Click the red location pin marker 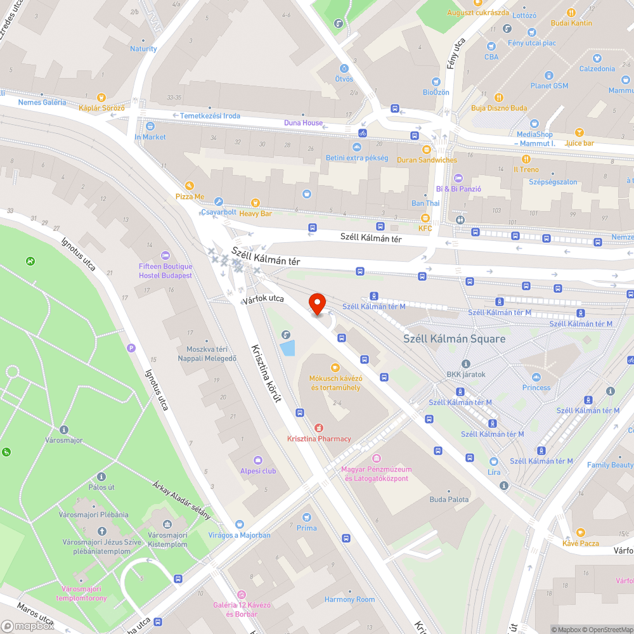point(316,302)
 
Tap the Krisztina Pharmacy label point(319,439)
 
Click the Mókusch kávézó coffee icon point(335,367)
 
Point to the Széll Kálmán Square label point(455,339)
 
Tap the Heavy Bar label point(256,214)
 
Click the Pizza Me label point(190,197)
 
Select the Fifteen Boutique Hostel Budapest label point(165,271)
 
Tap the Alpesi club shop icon point(258,460)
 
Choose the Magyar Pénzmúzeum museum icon point(377,458)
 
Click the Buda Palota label point(449,500)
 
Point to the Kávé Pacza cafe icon point(580,533)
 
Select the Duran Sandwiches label point(427,160)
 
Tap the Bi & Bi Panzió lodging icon point(458,178)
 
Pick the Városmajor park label point(64,440)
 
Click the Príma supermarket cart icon point(307,517)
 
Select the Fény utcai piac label point(531,42)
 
